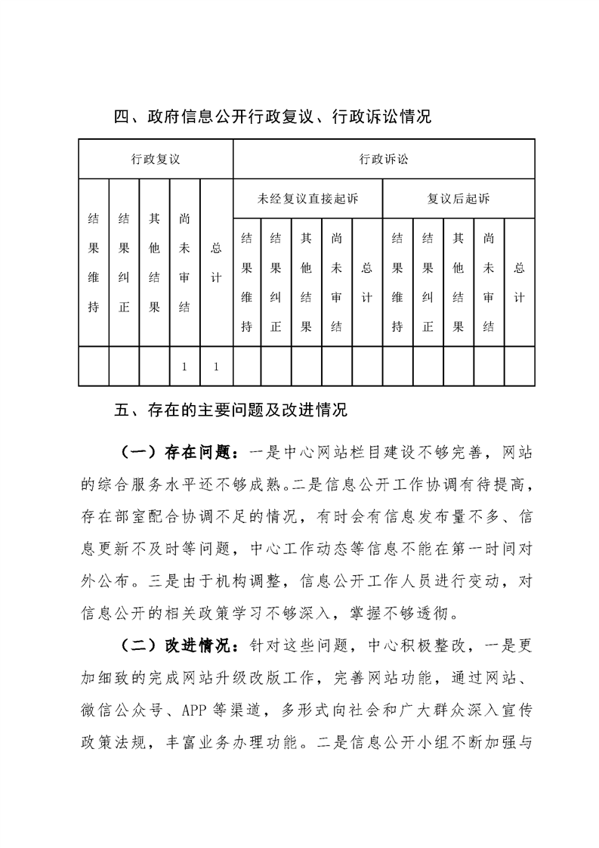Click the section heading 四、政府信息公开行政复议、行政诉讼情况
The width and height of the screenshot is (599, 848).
pos(271,117)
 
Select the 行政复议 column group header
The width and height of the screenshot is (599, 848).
pos(156,159)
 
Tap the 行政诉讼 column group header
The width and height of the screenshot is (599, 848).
pos(384,159)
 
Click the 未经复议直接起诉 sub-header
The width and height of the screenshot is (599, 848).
pos(307,200)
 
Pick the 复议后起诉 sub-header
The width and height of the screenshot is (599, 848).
pos(459,200)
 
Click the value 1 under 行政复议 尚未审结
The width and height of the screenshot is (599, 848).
pos(185,367)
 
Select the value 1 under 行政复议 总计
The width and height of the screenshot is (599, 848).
pos(216,367)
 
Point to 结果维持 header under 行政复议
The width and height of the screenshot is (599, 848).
pos(94,263)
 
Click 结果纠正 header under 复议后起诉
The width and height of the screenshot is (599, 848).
pos(428,283)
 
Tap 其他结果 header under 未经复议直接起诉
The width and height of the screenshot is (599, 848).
pos(307,283)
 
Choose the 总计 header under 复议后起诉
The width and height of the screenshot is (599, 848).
pos(520,283)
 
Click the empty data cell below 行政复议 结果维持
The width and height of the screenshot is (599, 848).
pos(94,367)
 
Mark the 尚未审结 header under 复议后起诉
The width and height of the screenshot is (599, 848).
pos(489,283)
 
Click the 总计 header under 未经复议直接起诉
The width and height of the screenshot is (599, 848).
pos(368,283)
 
